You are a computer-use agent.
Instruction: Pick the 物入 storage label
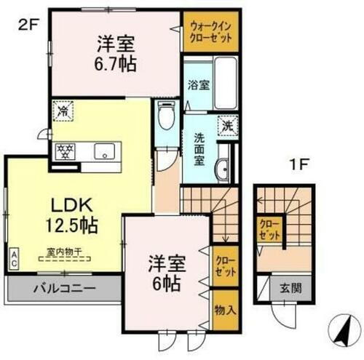pyautogui.click(x=224, y=311)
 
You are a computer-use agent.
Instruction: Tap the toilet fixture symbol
pyautogui.click(x=165, y=118)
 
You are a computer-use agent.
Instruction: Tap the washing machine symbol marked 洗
pyautogui.click(x=227, y=126)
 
